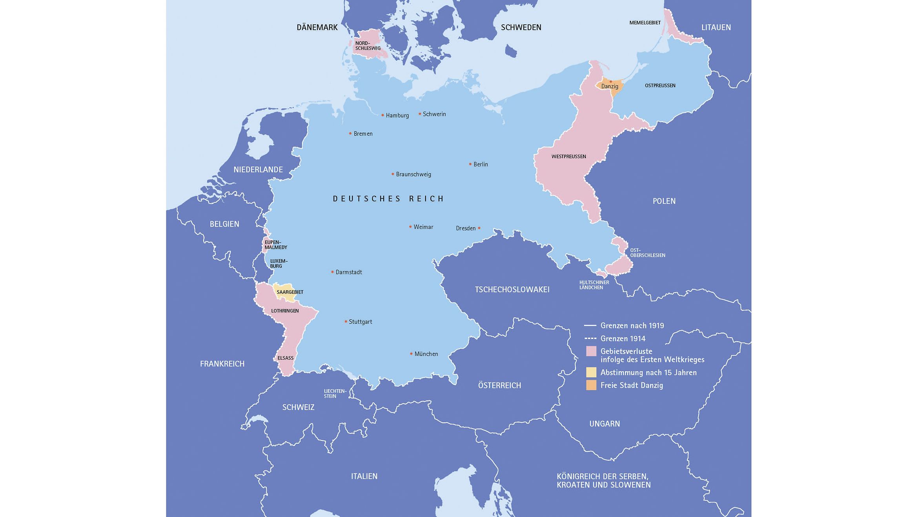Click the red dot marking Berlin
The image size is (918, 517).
470,164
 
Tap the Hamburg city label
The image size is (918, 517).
397,115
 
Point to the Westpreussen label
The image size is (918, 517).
568,157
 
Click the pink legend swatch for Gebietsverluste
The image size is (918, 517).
591,351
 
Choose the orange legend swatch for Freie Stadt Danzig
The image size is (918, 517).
591,385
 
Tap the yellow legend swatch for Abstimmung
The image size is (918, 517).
591,372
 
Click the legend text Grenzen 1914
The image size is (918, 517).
623,339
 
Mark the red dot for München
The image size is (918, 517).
411,353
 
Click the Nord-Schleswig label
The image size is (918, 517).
368,46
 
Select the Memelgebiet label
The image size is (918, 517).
645,23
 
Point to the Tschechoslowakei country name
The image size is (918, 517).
512,289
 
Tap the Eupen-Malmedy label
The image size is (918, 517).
275,245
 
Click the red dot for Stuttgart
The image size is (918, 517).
346,321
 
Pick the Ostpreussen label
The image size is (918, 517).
660,86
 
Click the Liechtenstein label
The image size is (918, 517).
335,393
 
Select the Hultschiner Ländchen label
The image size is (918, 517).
594,285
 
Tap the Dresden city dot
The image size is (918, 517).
479,228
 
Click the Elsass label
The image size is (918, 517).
285,358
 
